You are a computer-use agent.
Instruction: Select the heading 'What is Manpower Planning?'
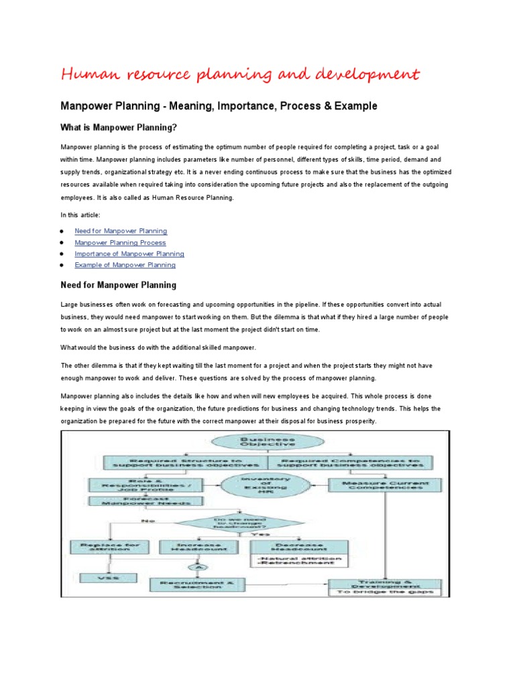pos(119,127)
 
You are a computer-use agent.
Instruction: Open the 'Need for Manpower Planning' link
pos(121,231)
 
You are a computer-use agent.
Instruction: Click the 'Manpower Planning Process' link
pos(120,242)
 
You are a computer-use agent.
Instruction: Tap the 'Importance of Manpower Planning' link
pos(129,254)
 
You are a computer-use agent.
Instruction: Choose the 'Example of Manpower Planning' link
pos(125,265)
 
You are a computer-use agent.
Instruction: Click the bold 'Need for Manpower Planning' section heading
pos(119,285)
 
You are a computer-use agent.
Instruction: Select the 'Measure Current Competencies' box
pos(383,484)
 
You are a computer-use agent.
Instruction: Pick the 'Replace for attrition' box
pos(110,547)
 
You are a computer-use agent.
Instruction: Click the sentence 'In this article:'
pos(80,215)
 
